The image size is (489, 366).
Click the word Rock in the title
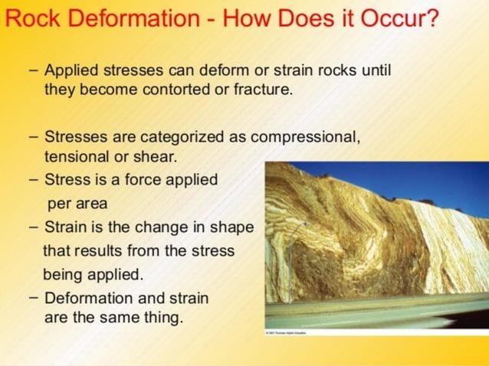tap(28, 16)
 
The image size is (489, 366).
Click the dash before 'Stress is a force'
tap(34, 180)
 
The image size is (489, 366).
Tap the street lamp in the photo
tap(306, 230)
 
